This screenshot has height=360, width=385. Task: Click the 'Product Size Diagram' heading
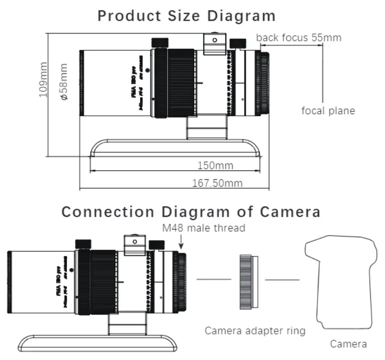pyautogui.click(x=186, y=15)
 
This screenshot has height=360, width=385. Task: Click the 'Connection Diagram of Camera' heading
pyautogui.click(x=191, y=212)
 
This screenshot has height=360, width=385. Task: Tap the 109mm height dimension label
pyautogui.click(x=44, y=79)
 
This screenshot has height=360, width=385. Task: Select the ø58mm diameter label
pyautogui.click(x=64, y=82)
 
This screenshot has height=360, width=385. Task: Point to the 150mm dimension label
pyautogui.click(x=215, y=165)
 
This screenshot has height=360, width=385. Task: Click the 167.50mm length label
pyautogui.click(x=217, y=183)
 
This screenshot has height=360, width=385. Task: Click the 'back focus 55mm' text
pyautogui.click(x=299, y=37)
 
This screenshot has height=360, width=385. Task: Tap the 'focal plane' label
pyautogui.click(x=328, y=111)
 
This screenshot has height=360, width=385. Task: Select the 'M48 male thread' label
pyautogui.click(x=204, y=228)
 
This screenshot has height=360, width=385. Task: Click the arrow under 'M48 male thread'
pyautogui.click(x=182, y=242)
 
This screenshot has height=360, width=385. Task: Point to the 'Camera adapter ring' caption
pyautogui.click(x=255, y=330)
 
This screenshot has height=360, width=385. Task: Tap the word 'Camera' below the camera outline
pyautogui.click(x=348, y=344)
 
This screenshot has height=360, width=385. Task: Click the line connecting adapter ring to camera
pyautogui.click(x=282, y=280)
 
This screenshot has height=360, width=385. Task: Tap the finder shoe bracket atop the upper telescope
pyautogui.click(x=214, y=43)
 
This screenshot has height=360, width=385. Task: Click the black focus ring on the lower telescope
pyautogui.click(x=103, y=282)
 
